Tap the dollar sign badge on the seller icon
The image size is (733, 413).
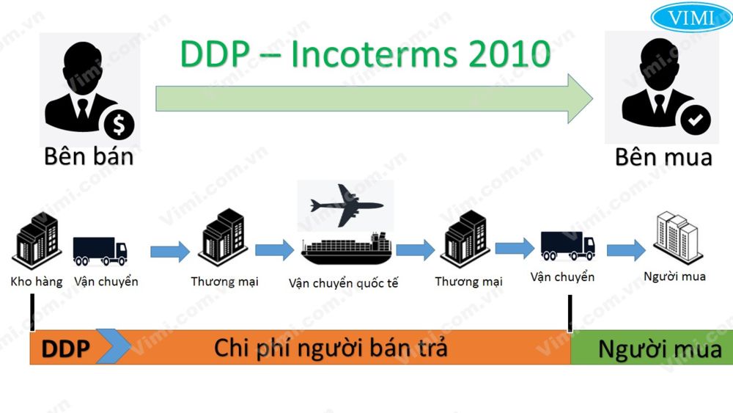[x=119, y=126]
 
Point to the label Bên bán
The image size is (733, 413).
[x=89, y=156]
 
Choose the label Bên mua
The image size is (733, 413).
[x=663, y=156]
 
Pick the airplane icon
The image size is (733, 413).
[x=345, y=205]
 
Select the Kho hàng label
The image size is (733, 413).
[x=37, y=281]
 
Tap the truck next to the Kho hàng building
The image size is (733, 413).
[x=100, y=250]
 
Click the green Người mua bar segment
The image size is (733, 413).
[x=652, y=348]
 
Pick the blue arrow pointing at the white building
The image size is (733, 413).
[x=625, y=251]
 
